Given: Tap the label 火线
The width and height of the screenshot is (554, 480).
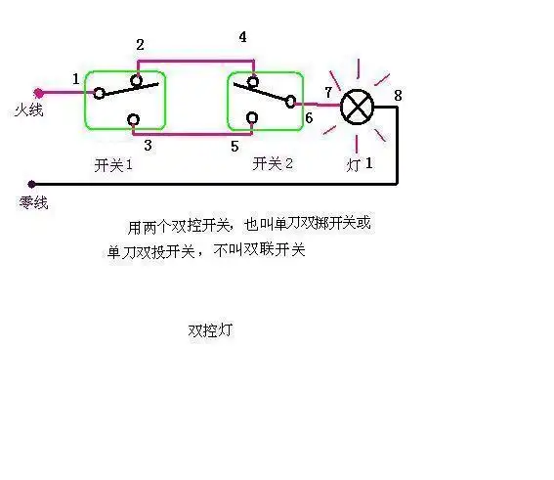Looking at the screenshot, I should click(x=29, y=112).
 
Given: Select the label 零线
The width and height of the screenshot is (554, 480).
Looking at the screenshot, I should click(x=33, y=203).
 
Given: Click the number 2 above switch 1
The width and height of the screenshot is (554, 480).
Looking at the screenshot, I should click(x=140, y=45).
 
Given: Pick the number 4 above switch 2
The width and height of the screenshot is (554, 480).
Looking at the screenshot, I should click(x=242, y=38).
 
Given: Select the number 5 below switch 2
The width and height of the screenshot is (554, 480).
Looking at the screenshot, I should click(x=234, y=146).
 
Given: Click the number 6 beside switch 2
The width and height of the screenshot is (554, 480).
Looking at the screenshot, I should click(x=308, y=118).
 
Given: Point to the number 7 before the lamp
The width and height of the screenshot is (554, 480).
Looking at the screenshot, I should click(x=328, y=93).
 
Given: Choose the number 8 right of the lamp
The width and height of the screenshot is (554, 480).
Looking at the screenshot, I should click(x=398, y=95).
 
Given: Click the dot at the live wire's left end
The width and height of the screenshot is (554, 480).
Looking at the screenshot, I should click(x=38, y=94).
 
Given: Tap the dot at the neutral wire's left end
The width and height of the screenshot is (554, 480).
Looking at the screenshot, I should click(x=32, y=183).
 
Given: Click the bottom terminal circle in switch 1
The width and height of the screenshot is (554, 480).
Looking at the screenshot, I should click(x=134, y=120).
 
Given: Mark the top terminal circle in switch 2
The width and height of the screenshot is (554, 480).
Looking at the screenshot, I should click(x=252, y=81).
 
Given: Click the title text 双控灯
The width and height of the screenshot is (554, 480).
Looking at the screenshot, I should click(x=209, y=330).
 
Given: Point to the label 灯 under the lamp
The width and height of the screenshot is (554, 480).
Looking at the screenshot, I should click(x=353, y=165).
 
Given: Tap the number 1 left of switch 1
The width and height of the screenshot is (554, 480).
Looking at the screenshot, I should click(x=75, y=78).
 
